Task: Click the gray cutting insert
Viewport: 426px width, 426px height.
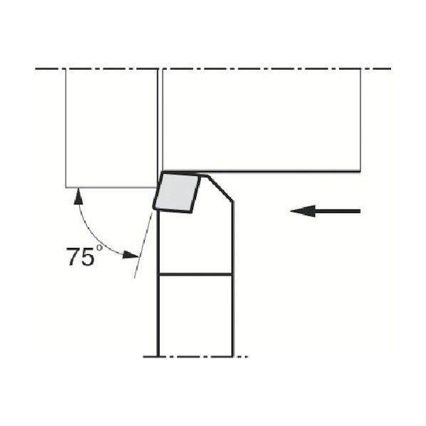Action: click(177, 192)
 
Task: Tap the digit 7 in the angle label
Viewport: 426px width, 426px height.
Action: click(73, 256)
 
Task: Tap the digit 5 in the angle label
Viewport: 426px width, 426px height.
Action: click(88, 256)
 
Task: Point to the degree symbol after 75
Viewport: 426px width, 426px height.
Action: click(100, 248)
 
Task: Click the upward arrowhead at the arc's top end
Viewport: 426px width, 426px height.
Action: click(78, 196)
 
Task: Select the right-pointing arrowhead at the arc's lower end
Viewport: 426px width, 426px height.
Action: click(131, 255)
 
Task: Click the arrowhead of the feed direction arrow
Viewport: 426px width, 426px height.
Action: click(303, 211)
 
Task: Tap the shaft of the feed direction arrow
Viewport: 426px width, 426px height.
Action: click(338, 211)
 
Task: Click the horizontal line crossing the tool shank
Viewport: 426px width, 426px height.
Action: click(195, 275)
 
